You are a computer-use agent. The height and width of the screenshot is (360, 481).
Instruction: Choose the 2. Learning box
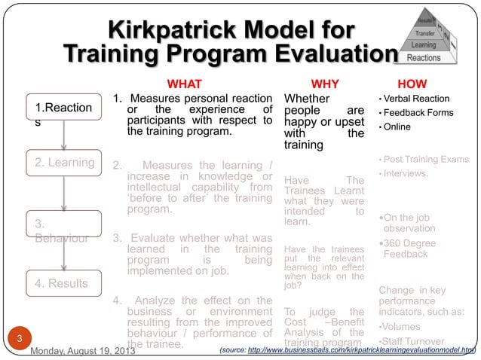point(63,163)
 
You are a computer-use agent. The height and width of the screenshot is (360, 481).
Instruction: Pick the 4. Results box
point(63,283)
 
